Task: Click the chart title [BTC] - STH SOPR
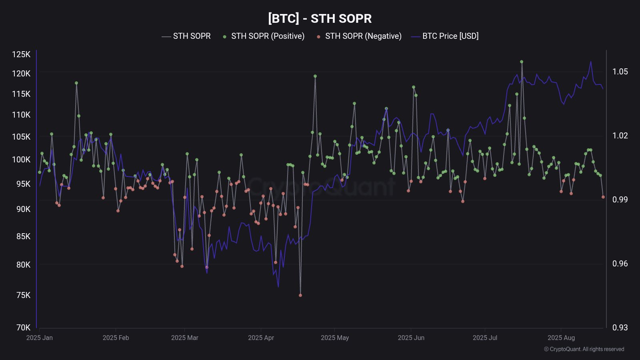click(320, 18)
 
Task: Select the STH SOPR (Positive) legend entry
click(267, 36)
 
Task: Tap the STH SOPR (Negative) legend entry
click(363, 36)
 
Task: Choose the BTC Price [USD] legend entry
click(450, 36)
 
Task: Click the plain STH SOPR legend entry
click(191, 36)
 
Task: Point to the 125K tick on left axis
click(21, 54)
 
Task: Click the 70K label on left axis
click(23, 328)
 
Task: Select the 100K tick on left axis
click(21, 160)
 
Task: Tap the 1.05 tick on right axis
click(620, 72)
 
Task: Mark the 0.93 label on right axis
click(620, 328)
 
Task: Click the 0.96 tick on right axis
click(620, 264)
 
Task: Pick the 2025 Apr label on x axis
click(261, 338)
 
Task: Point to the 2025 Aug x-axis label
click(561, 338)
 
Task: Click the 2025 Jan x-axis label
click(39, 338)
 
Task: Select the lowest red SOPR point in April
click(300, 295)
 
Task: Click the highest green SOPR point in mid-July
click(522, 62)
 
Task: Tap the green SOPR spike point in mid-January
click(76, 83)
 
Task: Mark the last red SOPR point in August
click(603, 197)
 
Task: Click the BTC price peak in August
click(591, 62)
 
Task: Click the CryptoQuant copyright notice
click(584, 349)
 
